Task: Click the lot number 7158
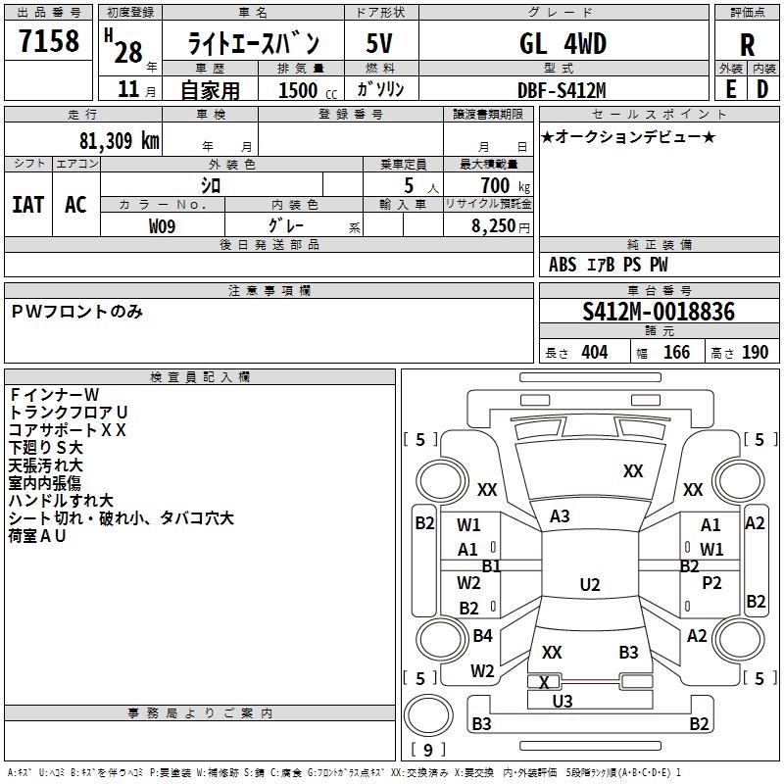point(49,42)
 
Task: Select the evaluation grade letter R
point(747,44)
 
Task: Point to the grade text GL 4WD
point(563,44)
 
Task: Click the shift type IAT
point(27,204)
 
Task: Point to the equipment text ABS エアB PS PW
point(609,265)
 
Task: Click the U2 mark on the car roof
point(589,585)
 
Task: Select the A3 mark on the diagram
point(560,516)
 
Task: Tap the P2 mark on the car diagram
point(711,583)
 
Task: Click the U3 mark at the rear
point(562,701)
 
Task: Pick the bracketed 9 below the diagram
point(426,751)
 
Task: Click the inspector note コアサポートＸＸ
point(68,429)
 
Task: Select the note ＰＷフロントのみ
point(77,312)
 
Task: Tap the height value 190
point(755,353)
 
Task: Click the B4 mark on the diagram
point(482,636)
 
